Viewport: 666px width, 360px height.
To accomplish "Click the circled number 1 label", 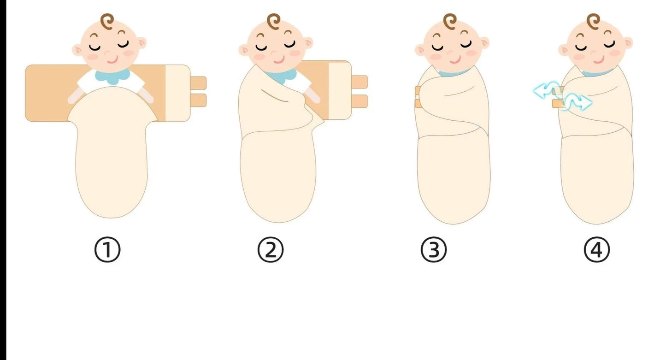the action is click(x=107, y=249).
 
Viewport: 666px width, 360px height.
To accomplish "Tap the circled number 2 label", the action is click(x=270, y=249).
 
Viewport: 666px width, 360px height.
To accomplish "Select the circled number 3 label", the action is click(x=434, y=249).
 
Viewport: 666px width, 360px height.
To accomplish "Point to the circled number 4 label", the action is click(x=597, y=249).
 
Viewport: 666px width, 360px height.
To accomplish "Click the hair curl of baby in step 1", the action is click(x=107, y=21).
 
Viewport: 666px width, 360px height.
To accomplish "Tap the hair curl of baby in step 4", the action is click(x=594, y=21).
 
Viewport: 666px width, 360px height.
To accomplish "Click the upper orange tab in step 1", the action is click(x=198, y=83).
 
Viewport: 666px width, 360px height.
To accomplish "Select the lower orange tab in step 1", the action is click(x=198, y=100).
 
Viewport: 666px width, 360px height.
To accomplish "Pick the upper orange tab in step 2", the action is click(x=360, y=82).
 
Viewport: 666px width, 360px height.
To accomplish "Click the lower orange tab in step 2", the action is click(x=360, y=101).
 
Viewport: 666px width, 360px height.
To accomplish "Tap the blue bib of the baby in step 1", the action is click(x=112, y=76).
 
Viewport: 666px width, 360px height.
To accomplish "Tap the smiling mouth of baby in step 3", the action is click(x=455, y=61).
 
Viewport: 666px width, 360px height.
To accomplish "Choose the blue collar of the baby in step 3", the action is click(x=453, y=73).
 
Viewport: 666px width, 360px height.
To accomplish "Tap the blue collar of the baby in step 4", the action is click(x=597, y=73).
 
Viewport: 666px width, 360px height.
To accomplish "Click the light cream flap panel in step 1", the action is click(x=178, y=93).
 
